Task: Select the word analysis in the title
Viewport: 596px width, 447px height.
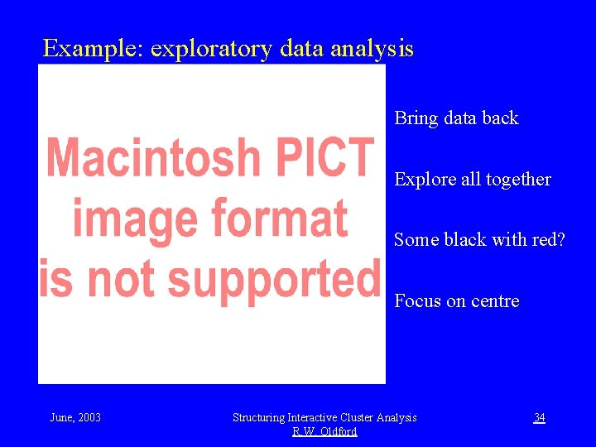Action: (x=372, y=50)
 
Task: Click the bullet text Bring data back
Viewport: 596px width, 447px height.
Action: (x=456, y=118)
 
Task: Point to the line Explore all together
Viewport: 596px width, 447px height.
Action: (x=472, y=180)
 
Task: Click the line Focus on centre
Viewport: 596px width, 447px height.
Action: (x=456, y=301)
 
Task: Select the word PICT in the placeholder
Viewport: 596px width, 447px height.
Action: (x=331, y=157)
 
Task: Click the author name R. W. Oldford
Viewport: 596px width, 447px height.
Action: (x=324, y=432)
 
